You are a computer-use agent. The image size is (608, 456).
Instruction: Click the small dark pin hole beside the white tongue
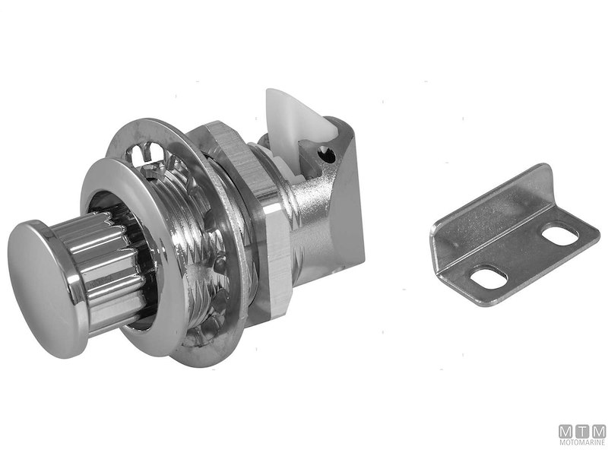tap(328, 156)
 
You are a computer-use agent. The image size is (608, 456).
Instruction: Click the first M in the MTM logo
tap(566, 431)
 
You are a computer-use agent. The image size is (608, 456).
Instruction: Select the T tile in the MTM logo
tap(582, 431)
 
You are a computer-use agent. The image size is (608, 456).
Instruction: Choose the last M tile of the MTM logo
tap(598, 431)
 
